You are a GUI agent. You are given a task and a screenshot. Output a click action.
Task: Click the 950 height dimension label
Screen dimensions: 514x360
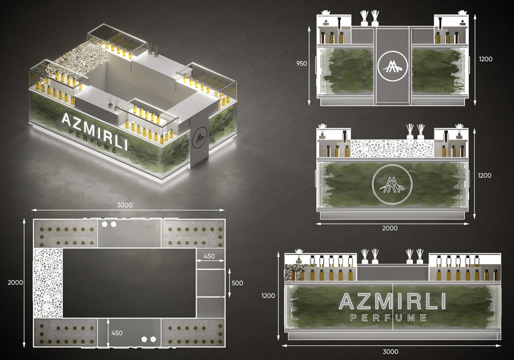[301, 64]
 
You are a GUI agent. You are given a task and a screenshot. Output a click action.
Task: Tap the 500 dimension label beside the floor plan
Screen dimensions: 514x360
[237, 283]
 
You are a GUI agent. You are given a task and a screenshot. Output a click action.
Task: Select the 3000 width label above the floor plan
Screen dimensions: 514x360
[125, 205]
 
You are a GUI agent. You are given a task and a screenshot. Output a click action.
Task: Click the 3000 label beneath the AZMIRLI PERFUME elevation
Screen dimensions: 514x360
[390, 352]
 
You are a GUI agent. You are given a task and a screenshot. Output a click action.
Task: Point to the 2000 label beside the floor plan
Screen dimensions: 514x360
[15, 282]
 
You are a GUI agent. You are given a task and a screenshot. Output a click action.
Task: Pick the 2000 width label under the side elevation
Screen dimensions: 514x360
[390, 228]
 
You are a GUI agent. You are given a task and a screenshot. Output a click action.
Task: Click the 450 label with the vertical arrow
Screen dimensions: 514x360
[117, 333]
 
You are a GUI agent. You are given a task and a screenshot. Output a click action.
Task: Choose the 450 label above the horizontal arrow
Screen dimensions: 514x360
[209, 256]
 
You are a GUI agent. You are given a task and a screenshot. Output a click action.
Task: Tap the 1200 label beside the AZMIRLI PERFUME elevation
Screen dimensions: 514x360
[268, 295]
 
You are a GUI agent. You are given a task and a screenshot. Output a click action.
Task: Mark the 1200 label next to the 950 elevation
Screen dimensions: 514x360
[485, 59]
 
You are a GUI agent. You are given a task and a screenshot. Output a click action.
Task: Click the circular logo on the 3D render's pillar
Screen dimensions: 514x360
[199, 138]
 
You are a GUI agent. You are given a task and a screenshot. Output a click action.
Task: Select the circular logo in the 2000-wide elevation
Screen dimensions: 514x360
[392, 184]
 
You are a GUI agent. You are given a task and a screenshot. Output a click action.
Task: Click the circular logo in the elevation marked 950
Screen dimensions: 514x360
[393, 66]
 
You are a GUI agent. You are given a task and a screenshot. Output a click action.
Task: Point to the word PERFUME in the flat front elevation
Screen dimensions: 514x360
[389, 318]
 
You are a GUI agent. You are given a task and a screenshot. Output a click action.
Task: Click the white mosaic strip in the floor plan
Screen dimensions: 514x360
[48, 283]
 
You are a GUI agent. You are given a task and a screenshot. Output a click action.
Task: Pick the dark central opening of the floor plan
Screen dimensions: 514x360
[129, 283]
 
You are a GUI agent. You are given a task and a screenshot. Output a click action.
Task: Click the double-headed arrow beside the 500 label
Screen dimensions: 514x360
[229, 283]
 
